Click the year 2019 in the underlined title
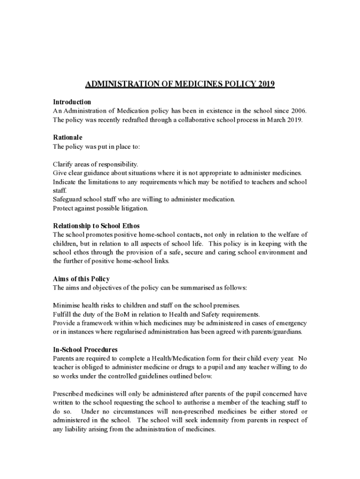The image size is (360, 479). (265, 85)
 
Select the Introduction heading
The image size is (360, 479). (72, 102)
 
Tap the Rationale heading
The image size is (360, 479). (67, 138)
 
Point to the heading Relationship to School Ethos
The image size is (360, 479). (96, 226)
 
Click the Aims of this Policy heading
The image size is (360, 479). (81, 279)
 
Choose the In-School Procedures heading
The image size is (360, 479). (85, 350)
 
